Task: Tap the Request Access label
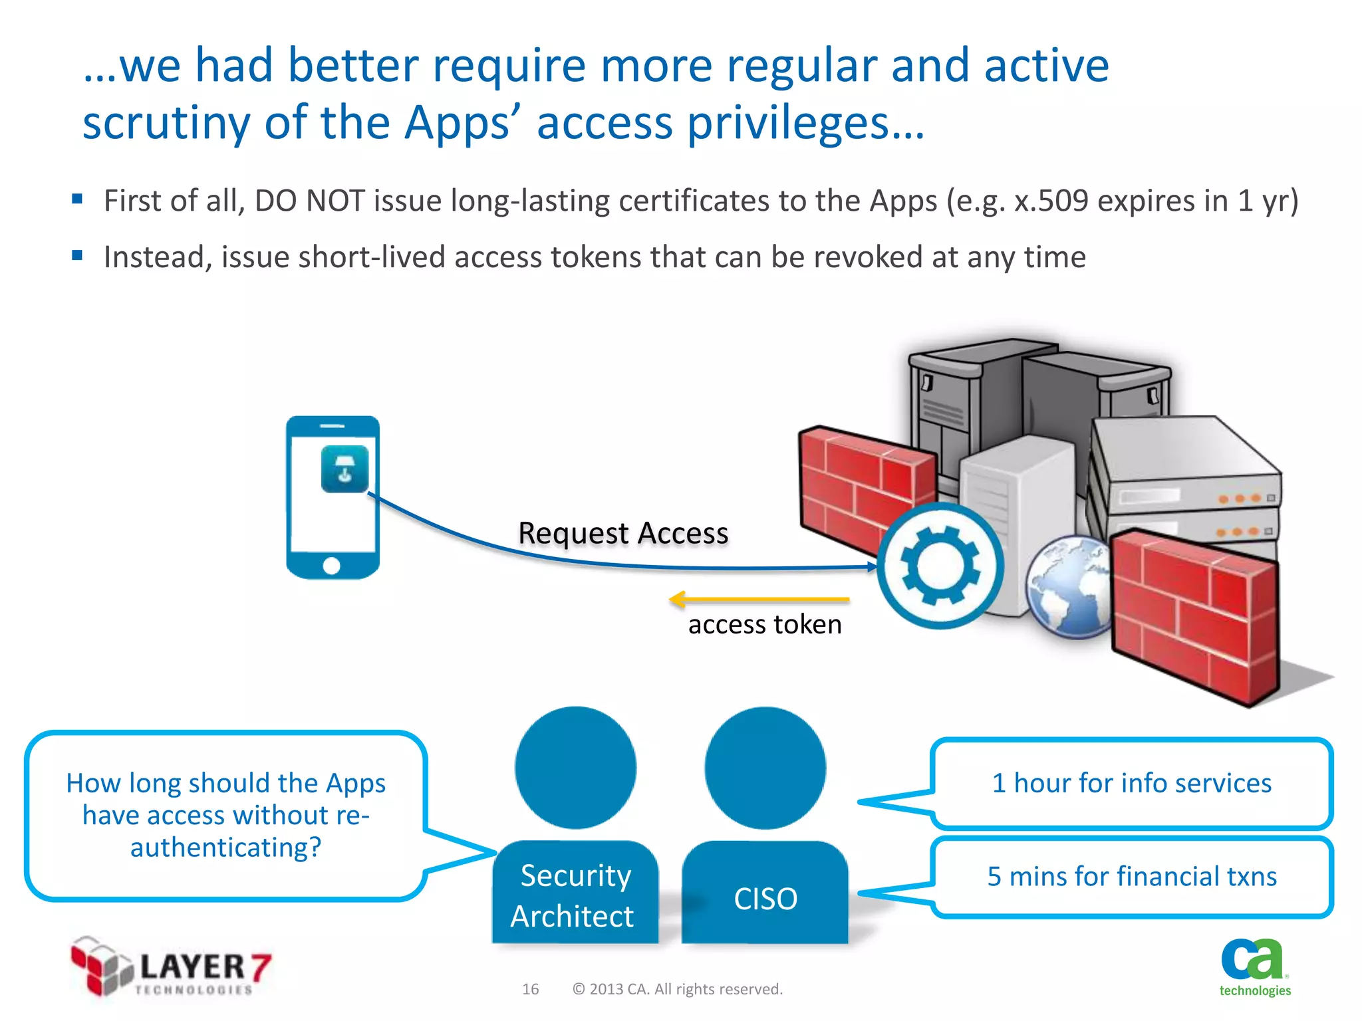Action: (x=623, y=533)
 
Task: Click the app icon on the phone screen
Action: (x=344, y=469)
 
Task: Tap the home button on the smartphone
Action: (x=331, y=566)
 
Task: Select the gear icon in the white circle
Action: (x=940, y=566)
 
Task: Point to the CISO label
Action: (x=765, y=899)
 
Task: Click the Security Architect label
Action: (x=575, y=895)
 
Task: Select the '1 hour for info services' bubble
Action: (x=1131, y=784)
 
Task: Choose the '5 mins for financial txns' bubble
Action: (x=1131, y=877)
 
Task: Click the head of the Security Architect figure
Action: (x=575, y=768)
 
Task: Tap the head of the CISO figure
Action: (x=765, y=768)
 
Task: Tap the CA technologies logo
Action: (x=1254, y=967)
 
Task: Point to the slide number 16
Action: (x=530, y=989)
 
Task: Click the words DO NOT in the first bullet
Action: (x=310, y=201)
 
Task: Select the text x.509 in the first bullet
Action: (x=1051, y=201)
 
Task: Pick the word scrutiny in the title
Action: (x=167, y=124)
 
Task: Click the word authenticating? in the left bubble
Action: (x=225, y=848)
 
